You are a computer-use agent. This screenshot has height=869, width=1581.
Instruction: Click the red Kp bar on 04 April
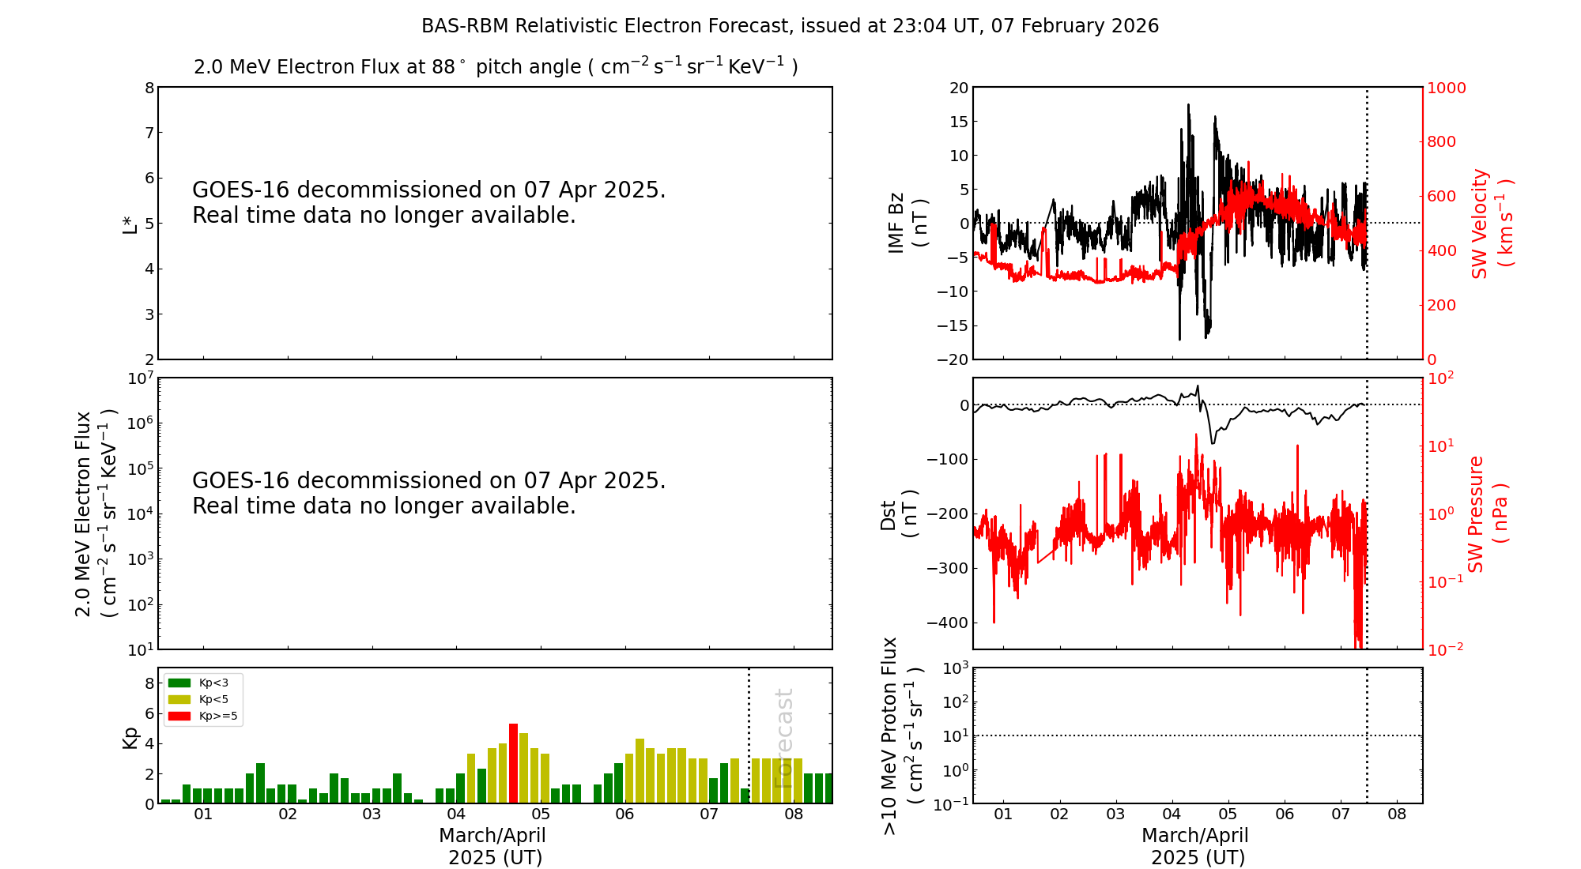pyautogui.click(x=513, y=763)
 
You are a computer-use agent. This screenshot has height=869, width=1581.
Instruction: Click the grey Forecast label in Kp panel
pyautogui.click(x=783, y=739)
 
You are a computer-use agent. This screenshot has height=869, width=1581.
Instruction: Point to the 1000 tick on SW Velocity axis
pyautogui.click(x=1446, y=88)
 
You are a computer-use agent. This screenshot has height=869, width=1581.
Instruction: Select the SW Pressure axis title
pyautogui.click(x=1486, y=514)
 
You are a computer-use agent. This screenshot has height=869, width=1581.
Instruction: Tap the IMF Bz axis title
pyautogui.click(x=907, y=223)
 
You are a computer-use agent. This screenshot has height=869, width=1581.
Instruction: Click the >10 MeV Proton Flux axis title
pyautogui.click(x=901, y=735)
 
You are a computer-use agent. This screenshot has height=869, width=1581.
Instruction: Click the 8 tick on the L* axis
pyautogui.click(x=149, y=88)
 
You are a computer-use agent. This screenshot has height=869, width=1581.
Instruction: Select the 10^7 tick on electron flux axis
pyautogui.click(x=140, y=378)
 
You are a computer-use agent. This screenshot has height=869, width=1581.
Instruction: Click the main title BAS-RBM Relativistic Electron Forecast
pyautogui.click(x=790, y=26)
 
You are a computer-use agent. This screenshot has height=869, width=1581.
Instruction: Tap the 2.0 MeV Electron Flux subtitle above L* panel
pyautogui.click(x=496, y=66)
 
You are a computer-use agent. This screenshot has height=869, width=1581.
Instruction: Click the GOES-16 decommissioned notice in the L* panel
pyautogui.click(x=428, y=202)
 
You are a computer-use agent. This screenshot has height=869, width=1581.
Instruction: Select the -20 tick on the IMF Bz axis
pyautogui.click(x=952, y=359)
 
